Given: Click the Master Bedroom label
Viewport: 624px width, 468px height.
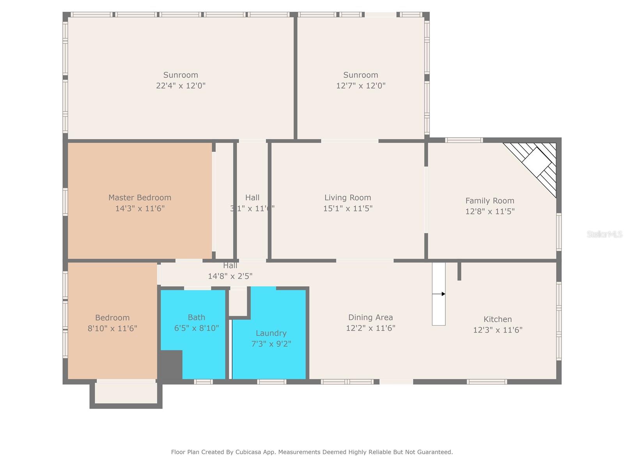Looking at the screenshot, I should (x=140, y=198).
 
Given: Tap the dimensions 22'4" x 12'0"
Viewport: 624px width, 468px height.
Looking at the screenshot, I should (x=181, y=86).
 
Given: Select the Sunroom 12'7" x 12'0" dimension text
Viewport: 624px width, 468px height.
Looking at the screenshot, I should (x=361, y=86).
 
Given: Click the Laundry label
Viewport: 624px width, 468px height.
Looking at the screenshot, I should (x=271, y=333).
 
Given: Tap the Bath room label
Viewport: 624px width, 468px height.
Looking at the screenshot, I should (x=196, y=317).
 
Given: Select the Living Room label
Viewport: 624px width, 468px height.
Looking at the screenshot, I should (x=347, y=198).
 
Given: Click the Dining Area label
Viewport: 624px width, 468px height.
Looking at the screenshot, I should (x=370, y=317).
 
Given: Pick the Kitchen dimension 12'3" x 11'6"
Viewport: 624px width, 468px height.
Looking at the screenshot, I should (x=498, y=330).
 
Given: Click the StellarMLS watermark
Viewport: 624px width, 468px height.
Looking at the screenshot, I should (x=604, y=234).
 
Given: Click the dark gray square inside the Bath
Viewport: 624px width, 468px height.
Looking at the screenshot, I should (x=171, y=364).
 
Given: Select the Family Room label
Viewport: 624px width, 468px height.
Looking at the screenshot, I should (x=489, y=201).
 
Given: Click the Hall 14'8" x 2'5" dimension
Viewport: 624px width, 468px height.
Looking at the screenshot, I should (x=230, y=276).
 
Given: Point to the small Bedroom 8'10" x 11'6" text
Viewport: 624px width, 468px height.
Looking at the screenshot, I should (x=112, y=328).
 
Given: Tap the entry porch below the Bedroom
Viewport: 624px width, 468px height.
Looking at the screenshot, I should (x=126, y=393).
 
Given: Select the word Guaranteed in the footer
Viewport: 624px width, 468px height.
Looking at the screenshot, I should (x=434, y=452).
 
